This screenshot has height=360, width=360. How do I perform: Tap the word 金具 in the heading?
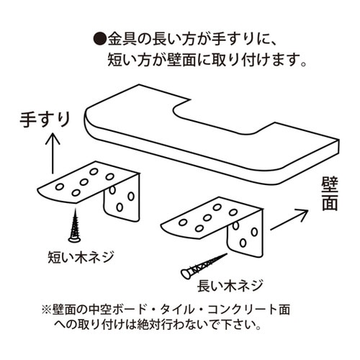(122, 37)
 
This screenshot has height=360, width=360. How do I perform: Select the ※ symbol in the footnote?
(45, 310)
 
